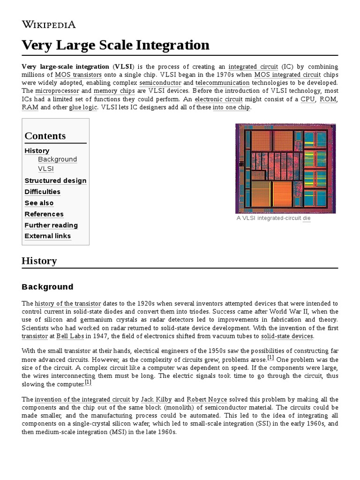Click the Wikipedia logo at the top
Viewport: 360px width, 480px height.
48,24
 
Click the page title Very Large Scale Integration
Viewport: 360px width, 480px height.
115,45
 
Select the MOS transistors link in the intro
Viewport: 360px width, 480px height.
78,75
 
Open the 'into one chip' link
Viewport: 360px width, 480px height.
232,107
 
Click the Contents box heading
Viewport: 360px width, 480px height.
45,136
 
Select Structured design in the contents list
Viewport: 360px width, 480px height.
55,180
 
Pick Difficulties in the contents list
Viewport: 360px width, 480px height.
42,192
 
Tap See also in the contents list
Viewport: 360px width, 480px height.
39,203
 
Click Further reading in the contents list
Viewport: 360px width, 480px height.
51,225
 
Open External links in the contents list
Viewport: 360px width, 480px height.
48,236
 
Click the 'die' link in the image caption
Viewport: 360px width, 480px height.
307,218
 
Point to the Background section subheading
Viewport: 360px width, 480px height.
47,287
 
